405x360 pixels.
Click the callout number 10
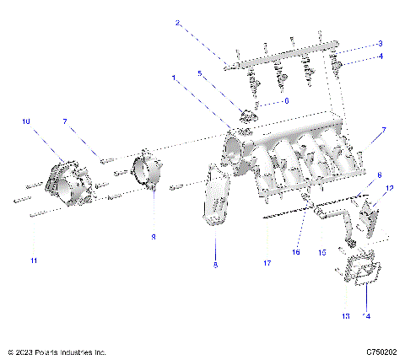point(26,122)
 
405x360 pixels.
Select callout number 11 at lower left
point(33,261)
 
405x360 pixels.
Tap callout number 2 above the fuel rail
point(177,23)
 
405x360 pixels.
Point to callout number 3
point(381,43)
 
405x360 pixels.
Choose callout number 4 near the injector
point(381,56)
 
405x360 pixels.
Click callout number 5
point(199,74)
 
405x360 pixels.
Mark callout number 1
point(175,78)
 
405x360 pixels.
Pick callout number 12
point(389,188)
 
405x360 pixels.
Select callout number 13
point(344,316)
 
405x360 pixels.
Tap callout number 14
point(365,316)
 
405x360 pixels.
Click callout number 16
point(296,251)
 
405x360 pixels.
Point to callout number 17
point(267,264)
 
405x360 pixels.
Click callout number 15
point(321,252)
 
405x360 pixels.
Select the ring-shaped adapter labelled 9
point(148,175)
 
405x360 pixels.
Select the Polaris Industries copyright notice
point(56,352)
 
